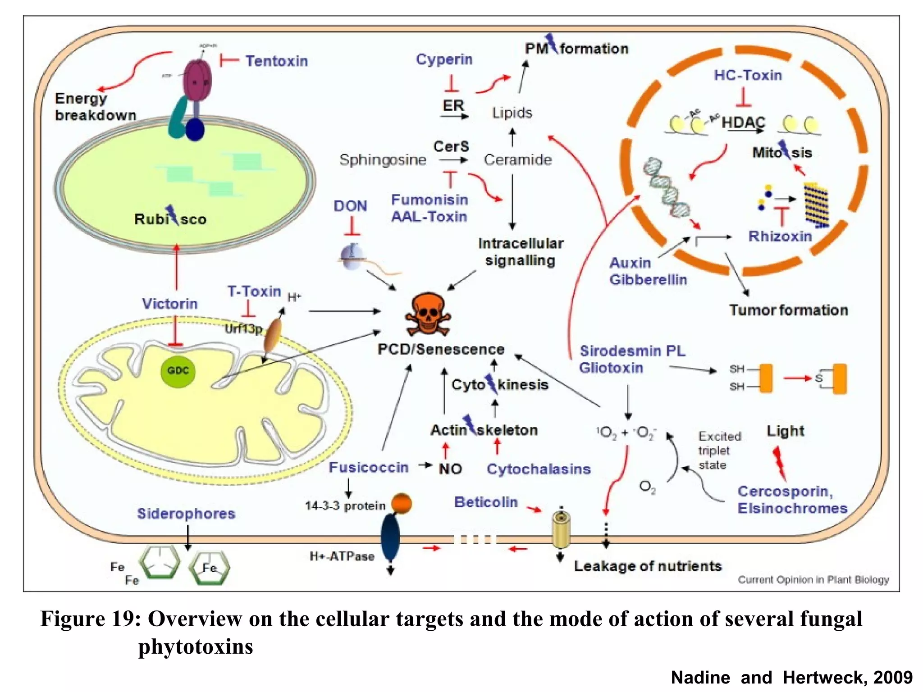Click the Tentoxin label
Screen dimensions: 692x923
[x=276, y=61]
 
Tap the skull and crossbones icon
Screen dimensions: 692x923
[x=428, y=314]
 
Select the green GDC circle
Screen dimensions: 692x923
[x=178, y=371]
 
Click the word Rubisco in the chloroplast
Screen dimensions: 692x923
[x=170, y=219]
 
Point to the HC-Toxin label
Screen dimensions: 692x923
[x=748, y=75]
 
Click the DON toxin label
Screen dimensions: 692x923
[x=350, y=206]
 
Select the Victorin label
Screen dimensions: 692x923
[x=170, y=304]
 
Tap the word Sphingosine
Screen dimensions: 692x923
[x=383, y=159]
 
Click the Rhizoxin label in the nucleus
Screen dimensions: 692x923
[x=780, y=236]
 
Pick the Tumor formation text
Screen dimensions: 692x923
[x=789, y=310]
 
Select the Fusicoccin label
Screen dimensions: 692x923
[x=368, y=467]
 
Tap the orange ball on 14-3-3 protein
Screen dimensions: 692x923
[x=401, y=503]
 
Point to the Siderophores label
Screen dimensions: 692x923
[x=186, y=514]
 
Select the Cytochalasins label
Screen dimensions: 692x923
[x=539, y=469]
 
